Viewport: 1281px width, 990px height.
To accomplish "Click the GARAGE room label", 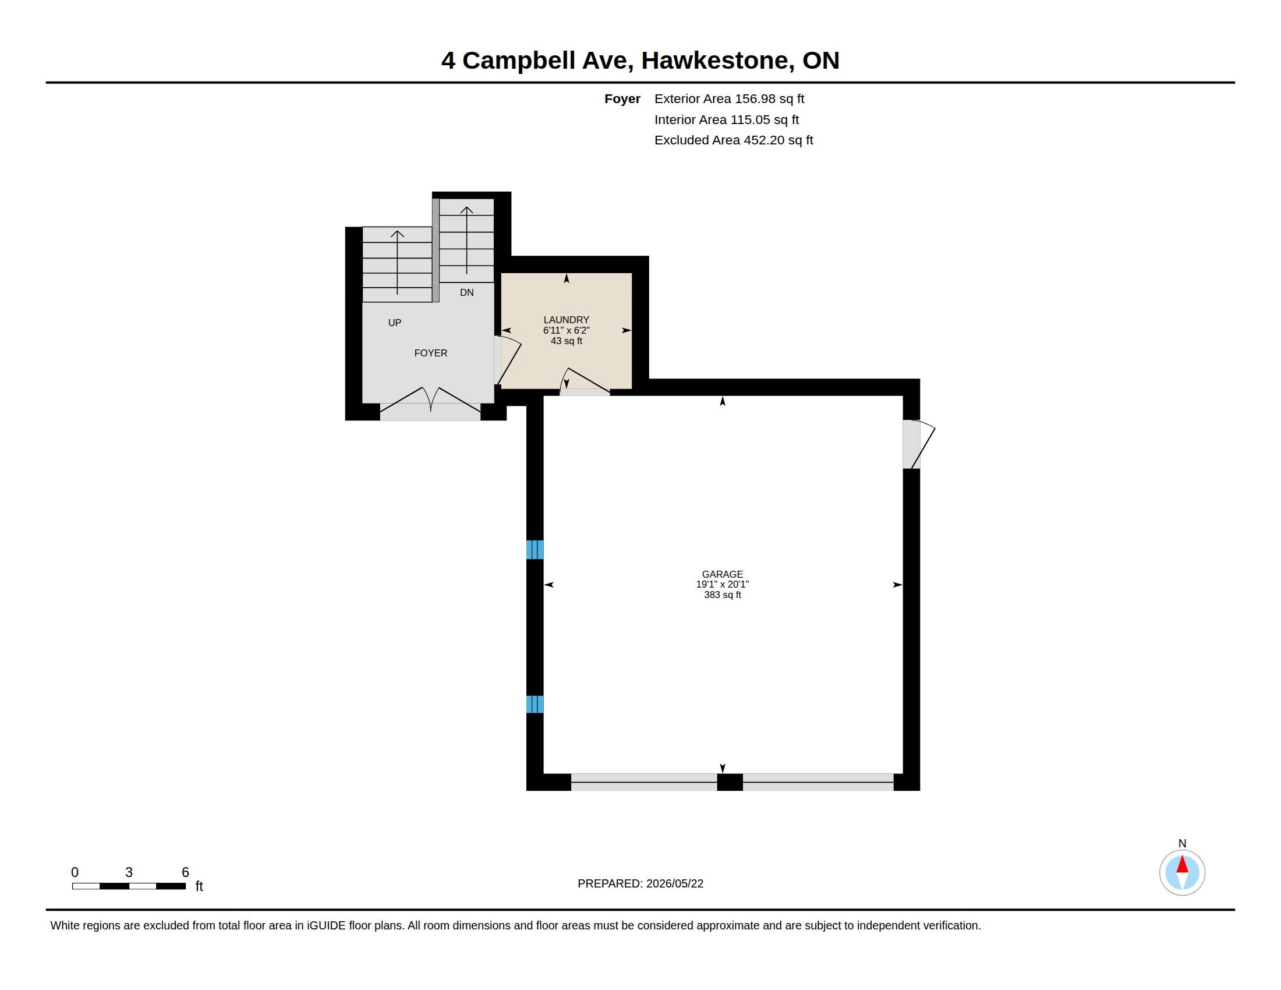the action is tap(722, 574).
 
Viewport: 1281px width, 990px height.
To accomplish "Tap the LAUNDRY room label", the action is tap(566, 320).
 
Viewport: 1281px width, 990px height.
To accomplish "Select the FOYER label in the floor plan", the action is tap(430, 353).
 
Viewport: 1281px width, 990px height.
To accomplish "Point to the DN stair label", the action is tap(466, 292).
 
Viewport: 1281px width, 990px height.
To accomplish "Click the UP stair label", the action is tap(395, 323).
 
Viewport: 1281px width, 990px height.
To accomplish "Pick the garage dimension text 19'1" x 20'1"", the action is tap(722, 584).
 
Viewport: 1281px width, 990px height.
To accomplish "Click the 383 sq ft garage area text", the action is tap(722, 595).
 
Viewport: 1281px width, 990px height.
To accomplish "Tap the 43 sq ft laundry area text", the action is tap(566, 341).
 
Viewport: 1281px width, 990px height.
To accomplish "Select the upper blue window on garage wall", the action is tap(535, 550).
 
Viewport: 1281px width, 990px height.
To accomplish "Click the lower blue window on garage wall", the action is tap(535, 705).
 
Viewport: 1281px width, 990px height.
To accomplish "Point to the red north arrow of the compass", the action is tap(1182, 865).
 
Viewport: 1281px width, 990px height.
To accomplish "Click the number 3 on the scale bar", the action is tap(129, 872).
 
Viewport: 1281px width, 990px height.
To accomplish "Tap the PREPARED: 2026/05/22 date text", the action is tap(640, 884).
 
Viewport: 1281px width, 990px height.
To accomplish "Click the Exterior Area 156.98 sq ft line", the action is tap(729, 99).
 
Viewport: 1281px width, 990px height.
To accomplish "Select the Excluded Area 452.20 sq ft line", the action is tap(734, 140).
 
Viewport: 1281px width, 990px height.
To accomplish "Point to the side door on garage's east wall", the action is tap(918, 444).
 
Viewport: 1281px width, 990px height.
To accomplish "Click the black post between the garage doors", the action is tap(730, 782).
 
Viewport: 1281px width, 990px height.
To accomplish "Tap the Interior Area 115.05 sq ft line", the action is tap(727, 119).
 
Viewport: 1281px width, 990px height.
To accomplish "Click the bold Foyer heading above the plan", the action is tap(622, 99).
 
